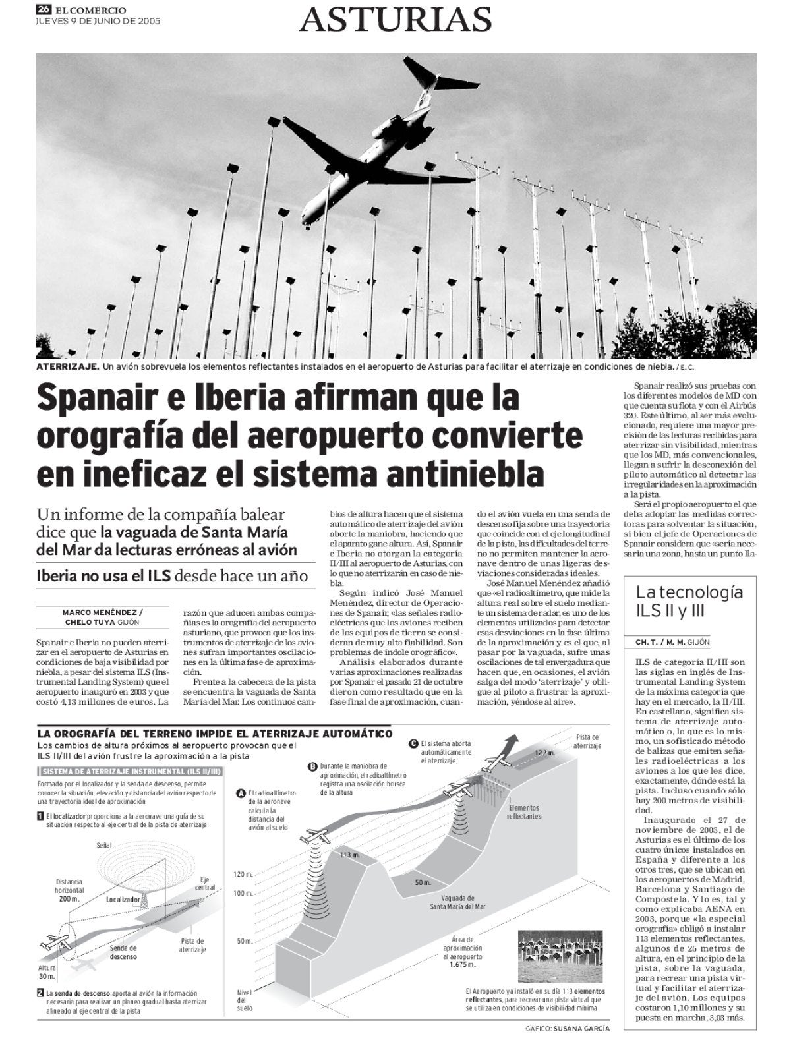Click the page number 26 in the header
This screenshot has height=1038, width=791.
[x=44, y=9]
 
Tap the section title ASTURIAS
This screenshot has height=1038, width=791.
[x=395, y=19]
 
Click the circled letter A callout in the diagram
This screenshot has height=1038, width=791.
[x=241, y=793]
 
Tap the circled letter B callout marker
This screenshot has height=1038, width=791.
[x=312, y=766]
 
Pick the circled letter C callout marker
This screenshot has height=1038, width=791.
[x=413, y=743]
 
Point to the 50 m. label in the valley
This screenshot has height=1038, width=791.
[x=423, y=882]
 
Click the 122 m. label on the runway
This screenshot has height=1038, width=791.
[x=544, y=753]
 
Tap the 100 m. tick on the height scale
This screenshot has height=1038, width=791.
[x=243, y=893]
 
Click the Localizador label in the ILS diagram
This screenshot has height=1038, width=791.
[x=123, y=899]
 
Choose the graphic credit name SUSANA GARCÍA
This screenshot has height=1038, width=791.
[x=581, y=1028]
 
